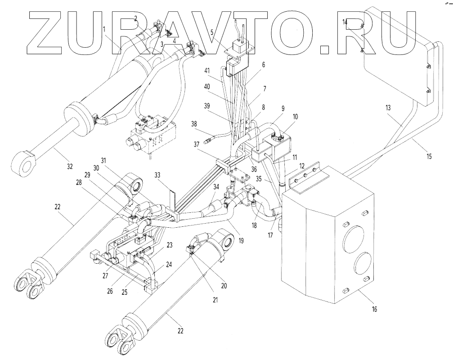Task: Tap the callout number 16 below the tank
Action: point(375,309)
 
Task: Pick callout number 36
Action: point(254,169)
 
